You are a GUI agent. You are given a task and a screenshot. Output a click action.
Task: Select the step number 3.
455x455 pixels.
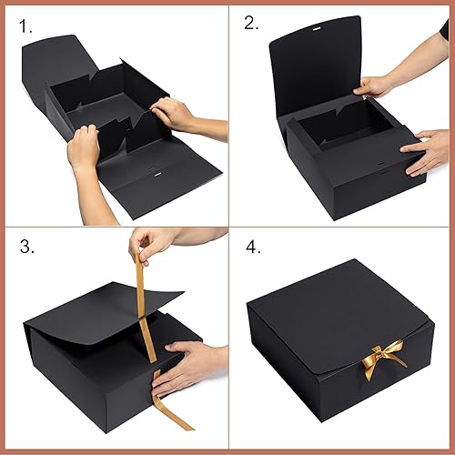[x=28, y=248]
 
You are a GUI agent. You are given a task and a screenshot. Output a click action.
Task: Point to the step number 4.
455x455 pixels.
[x=252, y=248]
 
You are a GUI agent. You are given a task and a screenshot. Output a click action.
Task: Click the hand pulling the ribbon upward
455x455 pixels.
[x=150, y=245]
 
